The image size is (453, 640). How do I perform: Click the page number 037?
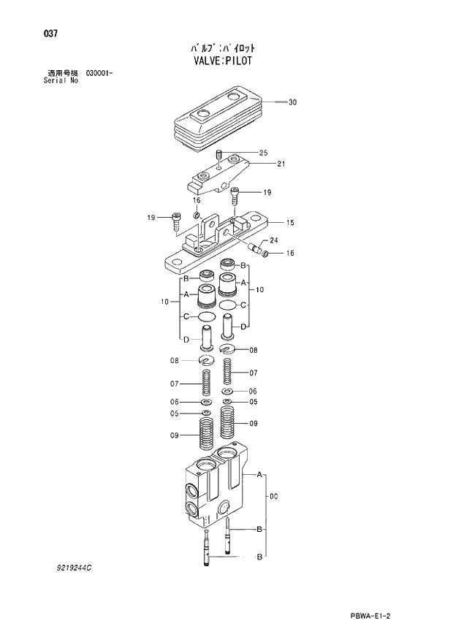coord(51,34)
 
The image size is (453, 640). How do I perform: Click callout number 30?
coord(292,102)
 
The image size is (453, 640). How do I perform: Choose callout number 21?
coord(281,163)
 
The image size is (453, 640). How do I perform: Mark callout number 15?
coord(290,222)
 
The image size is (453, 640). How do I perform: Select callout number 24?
coord(274,240)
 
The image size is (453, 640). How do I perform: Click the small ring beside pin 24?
coord(266,254)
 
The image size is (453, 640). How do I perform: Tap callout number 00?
coord(273,497)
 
